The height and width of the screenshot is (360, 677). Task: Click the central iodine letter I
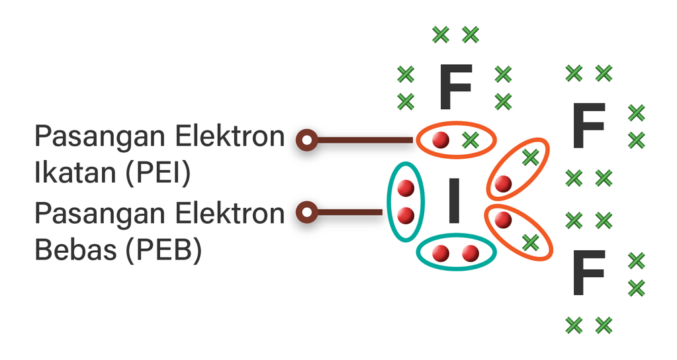tap(453, 201)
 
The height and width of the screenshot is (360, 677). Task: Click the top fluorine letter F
tap(455, 87)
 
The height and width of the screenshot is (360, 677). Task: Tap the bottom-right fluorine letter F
tap(588, 273)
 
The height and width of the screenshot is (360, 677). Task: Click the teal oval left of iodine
tap(405, 201)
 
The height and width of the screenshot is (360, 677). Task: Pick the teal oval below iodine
tap(456, 252)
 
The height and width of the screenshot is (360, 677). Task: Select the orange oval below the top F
tap(455, 139)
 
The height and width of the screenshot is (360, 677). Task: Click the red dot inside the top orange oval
tap(440, 140)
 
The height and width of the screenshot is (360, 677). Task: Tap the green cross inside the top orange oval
tap(471, 140)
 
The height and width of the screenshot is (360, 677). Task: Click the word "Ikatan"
tap(73, 173)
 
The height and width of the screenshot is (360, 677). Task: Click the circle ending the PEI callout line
tap(306, 140)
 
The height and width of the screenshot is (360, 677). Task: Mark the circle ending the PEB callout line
tap(306, 212)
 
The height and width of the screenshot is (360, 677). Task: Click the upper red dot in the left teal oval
tap(406, 189)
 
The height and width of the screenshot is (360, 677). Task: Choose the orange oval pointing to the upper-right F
tap(517, 169)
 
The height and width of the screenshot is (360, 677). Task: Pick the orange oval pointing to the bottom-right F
tap(518, 232)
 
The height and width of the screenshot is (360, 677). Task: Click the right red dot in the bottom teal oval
tap(471, 253)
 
